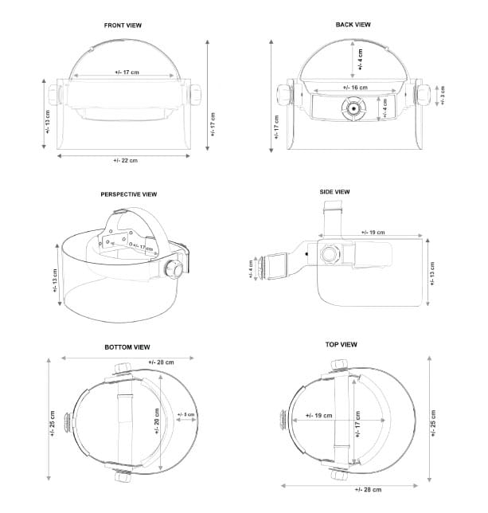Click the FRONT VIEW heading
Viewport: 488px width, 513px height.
click(123, 25)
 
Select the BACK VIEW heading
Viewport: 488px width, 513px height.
click(353, 25)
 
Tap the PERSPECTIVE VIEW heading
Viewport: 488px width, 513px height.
click(128, 194)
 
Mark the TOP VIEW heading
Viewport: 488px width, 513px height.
click(341, 344)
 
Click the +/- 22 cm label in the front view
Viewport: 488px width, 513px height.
click(125, 161)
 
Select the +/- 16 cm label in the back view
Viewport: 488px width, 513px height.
click(355, 87)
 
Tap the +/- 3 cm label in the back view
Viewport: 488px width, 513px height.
click(443, 96)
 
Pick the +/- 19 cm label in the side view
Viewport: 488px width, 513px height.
click(373, 232)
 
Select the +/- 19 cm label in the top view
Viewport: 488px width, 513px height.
click(318, 415)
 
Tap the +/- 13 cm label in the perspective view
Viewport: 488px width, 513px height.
click(55, 280)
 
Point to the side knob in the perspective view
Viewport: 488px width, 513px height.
click(173, 268)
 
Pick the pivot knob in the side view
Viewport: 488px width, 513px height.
click(329, 253)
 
